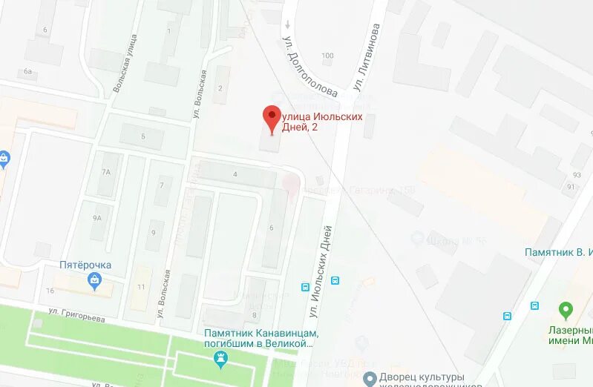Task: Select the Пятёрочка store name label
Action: coord(85,265)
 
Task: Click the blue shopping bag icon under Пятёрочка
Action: coord(94,279)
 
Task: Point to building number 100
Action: coord(327,56)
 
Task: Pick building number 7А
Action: coord(106,172)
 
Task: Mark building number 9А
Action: coord(97,218)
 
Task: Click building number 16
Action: coord(50,290)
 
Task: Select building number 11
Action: coord(142,286)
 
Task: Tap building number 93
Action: coord(577,175)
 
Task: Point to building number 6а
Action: coord(28,71)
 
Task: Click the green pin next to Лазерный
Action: coord(566,308)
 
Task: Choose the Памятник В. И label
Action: coord(559,253)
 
